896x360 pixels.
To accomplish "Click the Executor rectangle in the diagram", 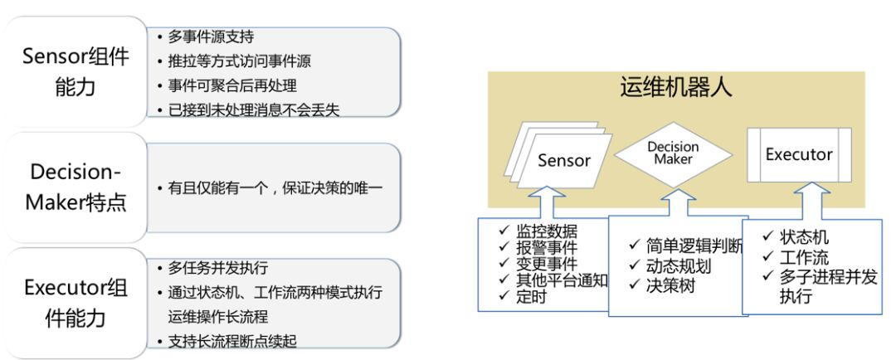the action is (x=798, y=154).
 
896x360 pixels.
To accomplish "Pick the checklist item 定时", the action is (x=531, y=297).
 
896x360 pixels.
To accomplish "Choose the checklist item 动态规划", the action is (x=679, y=266).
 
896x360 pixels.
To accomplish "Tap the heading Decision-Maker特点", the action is (x=77, y=187).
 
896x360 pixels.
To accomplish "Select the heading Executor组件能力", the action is (x=75, y=302).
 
